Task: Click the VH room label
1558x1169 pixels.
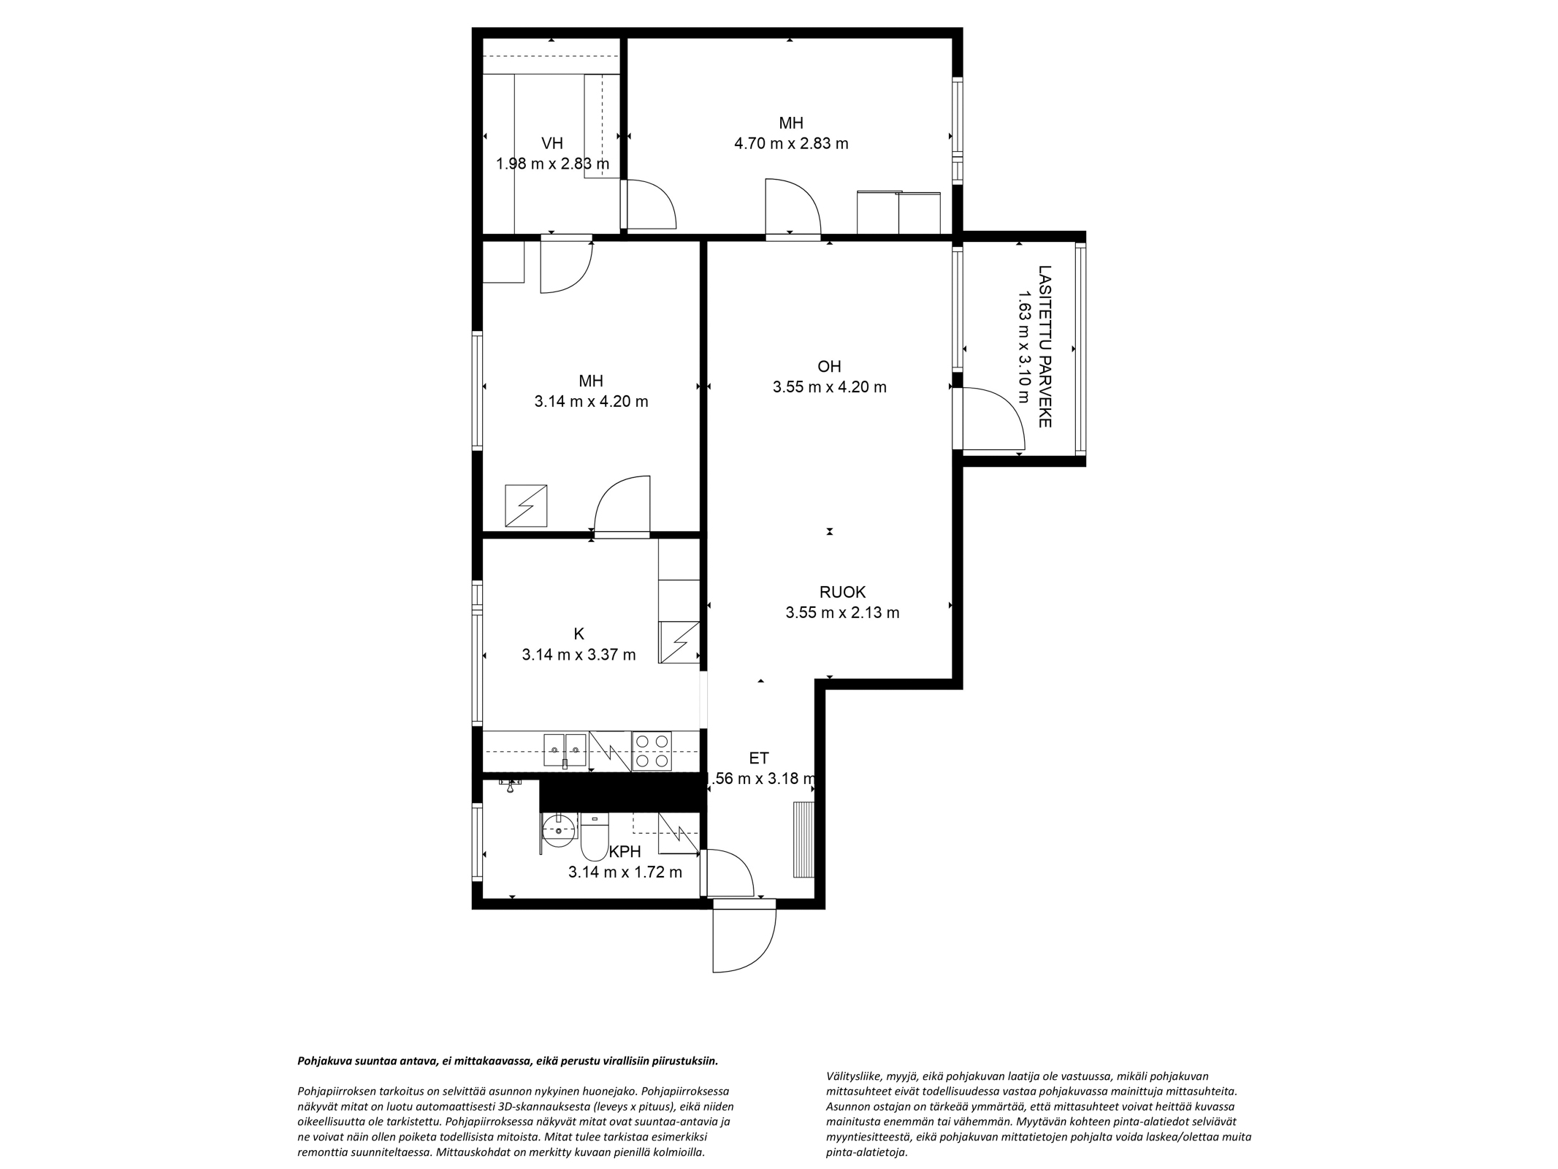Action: coord(552,143)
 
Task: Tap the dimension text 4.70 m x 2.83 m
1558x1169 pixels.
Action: coord(791,143)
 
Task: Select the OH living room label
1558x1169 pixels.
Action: coord(830,366)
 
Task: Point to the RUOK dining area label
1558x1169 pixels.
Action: coord(842,592)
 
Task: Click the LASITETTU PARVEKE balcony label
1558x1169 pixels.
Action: coord(1045,346)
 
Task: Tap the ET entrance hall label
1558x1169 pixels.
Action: coord(759,758)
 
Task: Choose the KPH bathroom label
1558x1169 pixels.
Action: coord(625,851)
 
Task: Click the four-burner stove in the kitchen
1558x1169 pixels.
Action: coord(652,751)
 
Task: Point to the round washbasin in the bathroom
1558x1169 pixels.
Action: coord(560,830)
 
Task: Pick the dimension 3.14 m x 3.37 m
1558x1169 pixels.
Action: coord(578,655)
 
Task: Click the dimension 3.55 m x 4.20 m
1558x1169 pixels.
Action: coord(830,387)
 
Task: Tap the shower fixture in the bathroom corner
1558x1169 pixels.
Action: coord(511,784)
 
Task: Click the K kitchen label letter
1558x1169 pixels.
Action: coord(579,633)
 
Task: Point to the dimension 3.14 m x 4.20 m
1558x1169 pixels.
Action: coord(591,402)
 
